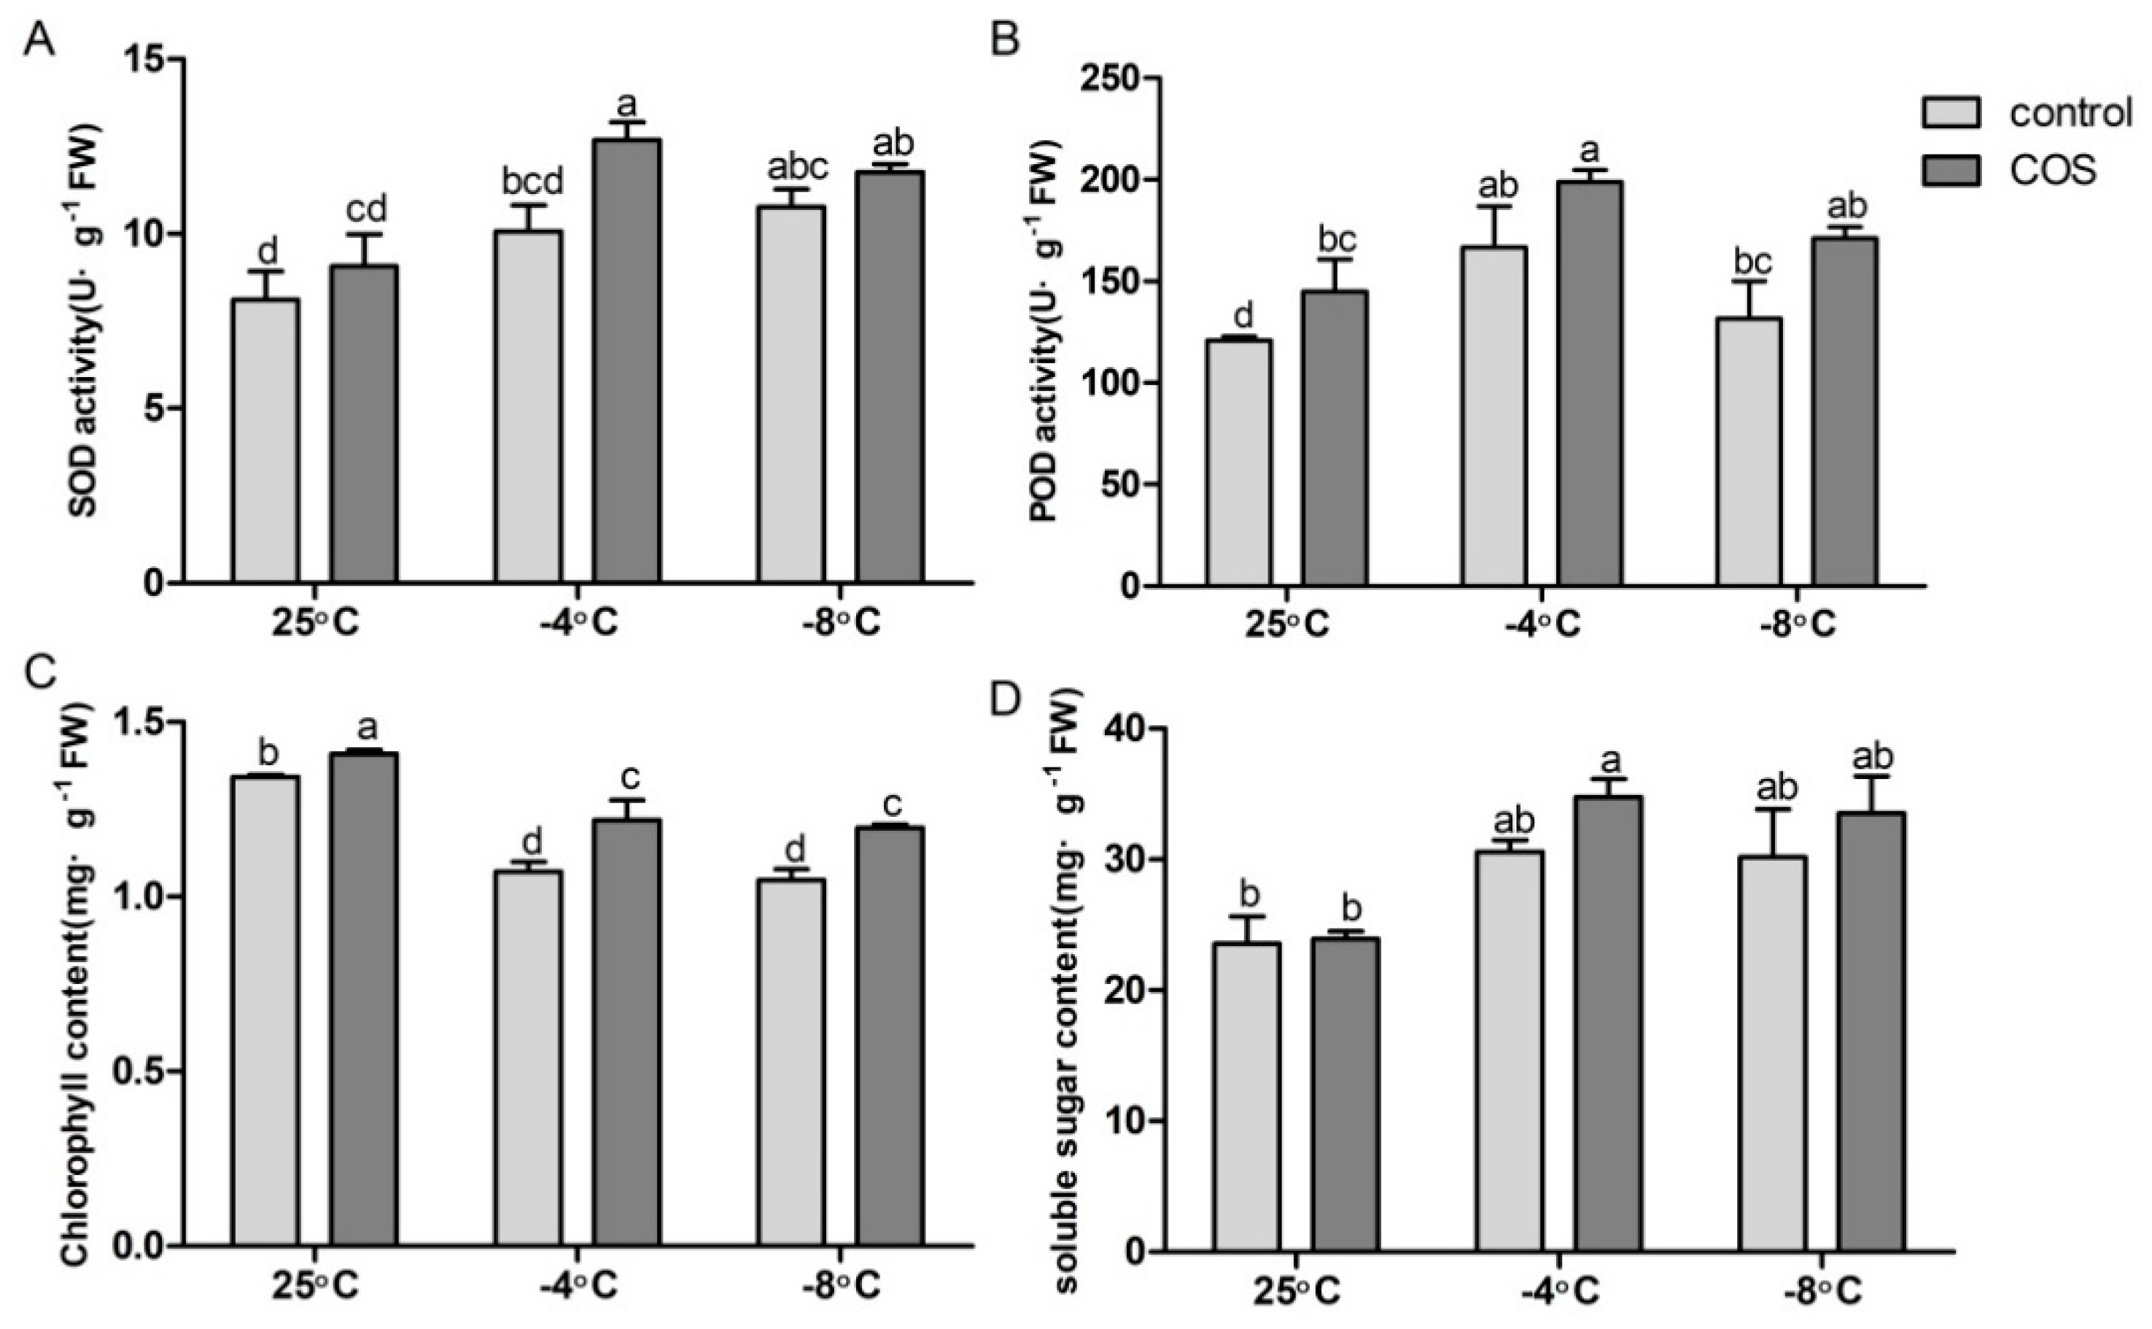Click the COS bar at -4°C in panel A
[x=626, y=360]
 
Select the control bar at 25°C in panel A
[x=265, y=440]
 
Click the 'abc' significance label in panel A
[x=798, y=167]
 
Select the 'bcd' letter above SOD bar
[x=532, y=184]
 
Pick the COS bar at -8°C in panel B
[x=1844, y=411]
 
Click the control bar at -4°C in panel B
[x=1493, y=416]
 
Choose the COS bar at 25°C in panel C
[x=364, y=998]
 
